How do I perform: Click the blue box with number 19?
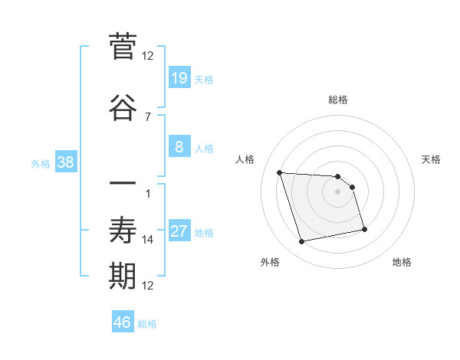click(x=179, y=78)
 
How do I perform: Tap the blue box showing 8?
click(x=179, y=147)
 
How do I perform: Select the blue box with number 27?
click(x=179, y=231)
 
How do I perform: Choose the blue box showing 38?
click(x=66, y=162)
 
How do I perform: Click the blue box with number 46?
click(x=123, y=322)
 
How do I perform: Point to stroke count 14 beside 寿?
click(x=148, y=240)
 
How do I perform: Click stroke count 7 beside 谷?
click(x=148, y=116)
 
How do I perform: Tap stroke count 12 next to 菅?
click(x=148, y=55)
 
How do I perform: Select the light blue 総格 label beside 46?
click(x=147, y=324)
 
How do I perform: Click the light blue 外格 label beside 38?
click(x=41, y=164)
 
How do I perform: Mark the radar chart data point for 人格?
click(x=280, y=172)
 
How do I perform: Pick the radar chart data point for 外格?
click(x=302, y=241)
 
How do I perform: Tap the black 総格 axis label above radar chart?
click(x=338, y=100)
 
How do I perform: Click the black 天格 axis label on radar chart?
click(x=432, y=159)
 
